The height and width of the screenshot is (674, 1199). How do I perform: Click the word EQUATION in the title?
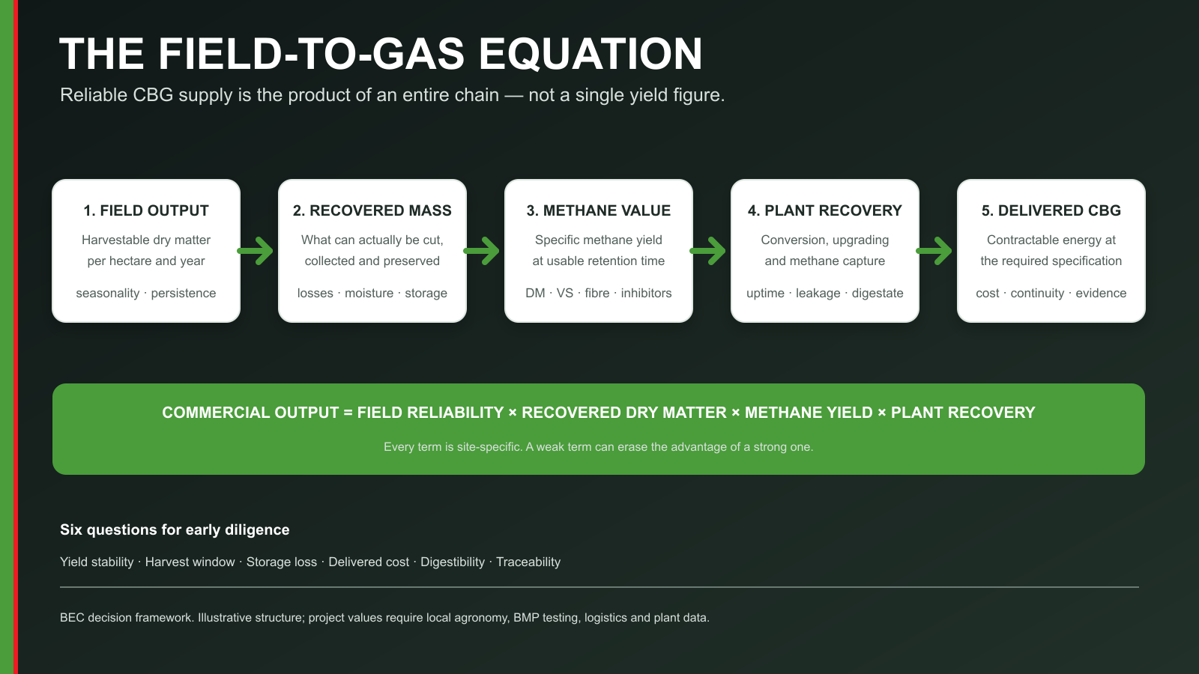point(590,54)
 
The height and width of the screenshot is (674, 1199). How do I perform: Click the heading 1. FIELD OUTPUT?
point(146,210)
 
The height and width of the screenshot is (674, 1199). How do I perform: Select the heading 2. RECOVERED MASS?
point(372,210)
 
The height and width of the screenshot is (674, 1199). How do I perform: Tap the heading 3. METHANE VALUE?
point(599,210)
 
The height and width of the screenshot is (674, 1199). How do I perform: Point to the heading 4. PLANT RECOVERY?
point(825,210)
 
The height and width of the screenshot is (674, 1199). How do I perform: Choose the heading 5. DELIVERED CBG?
point(1051,210)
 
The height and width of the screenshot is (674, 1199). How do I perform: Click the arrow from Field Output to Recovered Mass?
point(256,251)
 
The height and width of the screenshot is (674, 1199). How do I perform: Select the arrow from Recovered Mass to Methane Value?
point(482,251)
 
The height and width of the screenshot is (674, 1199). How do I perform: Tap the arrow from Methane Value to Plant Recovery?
point(708,251)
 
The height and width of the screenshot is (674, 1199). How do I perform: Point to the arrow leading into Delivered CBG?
point(934,251)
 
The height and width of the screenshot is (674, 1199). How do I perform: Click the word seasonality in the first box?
point(108,293)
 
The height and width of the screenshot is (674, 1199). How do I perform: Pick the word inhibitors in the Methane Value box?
point(646,293)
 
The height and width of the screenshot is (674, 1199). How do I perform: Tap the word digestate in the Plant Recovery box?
point(878,293)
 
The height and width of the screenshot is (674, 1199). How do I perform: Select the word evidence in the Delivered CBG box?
point(1101,293)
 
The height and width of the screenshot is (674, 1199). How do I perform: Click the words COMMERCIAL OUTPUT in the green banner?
point(250,413)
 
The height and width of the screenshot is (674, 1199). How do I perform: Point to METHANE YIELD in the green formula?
point(809,413)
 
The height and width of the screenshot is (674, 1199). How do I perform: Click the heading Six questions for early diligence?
point(175,529)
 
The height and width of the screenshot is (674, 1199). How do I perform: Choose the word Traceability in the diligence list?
point(528,562)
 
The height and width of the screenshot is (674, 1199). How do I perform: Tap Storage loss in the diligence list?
point(282,562)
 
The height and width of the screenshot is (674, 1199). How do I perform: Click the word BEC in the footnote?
point(72,617)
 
